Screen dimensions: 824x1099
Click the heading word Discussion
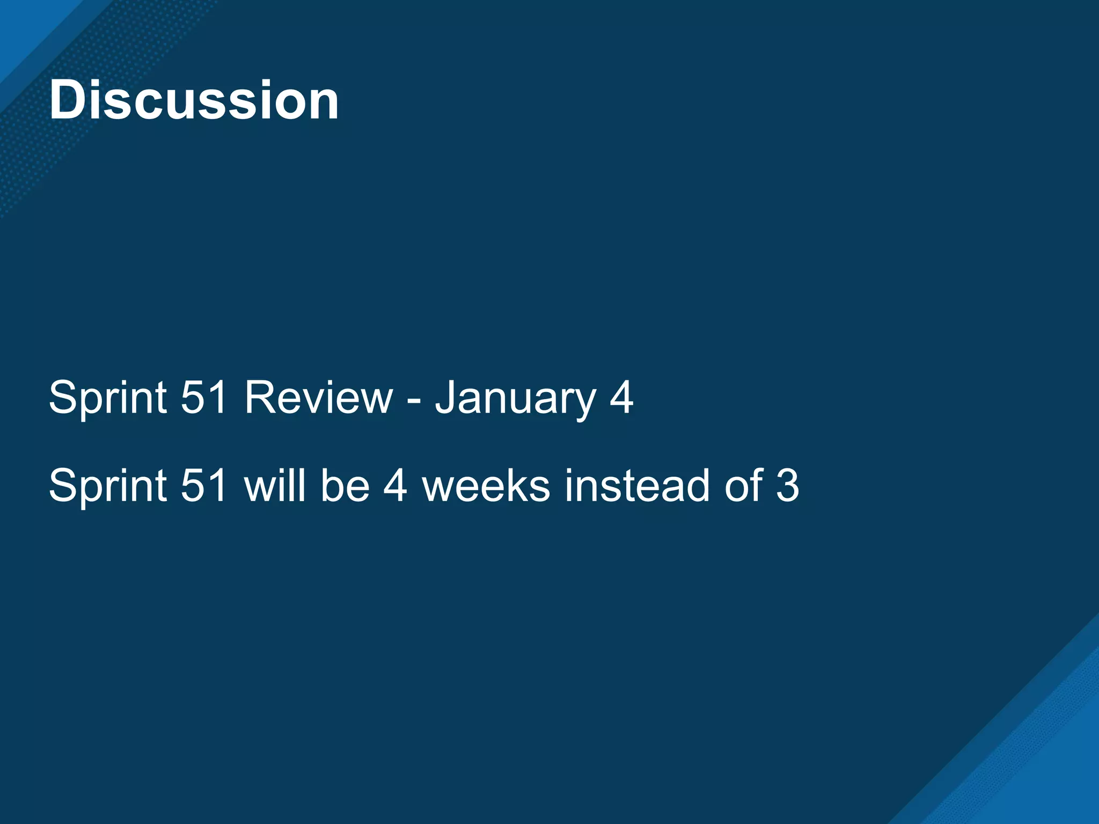[x=194, y=100]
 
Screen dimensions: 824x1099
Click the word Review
[x=319, y=398]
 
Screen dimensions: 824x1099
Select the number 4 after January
[x=621, y=398]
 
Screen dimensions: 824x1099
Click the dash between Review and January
[x=414, y=400]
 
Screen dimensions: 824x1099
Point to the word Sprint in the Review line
[x=108, y=398]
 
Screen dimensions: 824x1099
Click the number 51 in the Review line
[x=204, y=398]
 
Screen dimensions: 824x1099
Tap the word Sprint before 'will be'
[x=108, y=486]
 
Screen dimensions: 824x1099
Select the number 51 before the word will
[x=204, y=486]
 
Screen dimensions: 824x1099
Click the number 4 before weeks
[x=395, y=486]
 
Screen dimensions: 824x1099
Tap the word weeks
[x=486, y=486]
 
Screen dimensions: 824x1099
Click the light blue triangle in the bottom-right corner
[x=1052, y=783]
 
